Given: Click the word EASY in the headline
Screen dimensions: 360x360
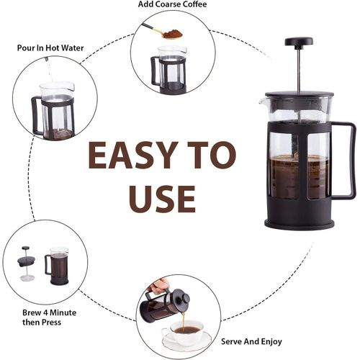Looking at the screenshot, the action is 133,155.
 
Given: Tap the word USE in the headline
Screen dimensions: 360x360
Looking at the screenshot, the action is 162,199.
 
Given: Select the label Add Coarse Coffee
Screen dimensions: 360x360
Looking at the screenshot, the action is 172,4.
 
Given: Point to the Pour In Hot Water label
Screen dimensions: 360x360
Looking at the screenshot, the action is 50,48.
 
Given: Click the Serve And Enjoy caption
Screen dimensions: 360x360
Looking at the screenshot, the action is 251,341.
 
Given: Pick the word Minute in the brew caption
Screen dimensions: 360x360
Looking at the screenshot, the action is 63,312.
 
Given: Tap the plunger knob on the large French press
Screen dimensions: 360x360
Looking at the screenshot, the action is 299,42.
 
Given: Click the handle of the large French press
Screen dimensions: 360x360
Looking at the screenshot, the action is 343,161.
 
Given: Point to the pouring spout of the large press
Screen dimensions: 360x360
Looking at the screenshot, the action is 262,102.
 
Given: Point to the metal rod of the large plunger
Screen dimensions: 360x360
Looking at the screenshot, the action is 299,69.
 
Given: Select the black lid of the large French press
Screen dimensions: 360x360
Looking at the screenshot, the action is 300,94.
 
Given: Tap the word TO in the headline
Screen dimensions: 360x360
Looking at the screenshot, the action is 212,155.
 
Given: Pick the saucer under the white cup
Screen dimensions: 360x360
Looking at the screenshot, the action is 186,341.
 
